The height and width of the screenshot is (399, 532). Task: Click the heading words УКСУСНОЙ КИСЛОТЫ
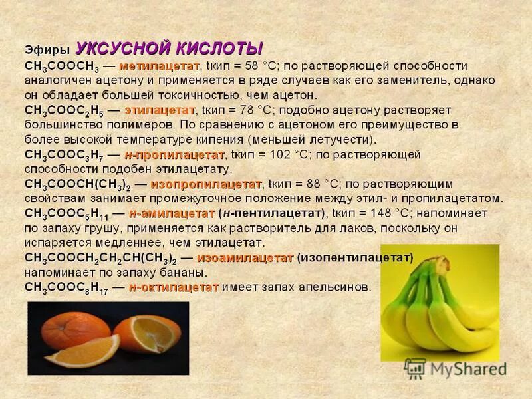(x=169, y=49)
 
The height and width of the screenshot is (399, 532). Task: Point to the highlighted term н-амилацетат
(x=172, y=213)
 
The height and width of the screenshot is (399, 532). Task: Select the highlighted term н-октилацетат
(x=174, y=287)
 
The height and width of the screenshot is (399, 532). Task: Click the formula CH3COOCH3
(x=62, y=67)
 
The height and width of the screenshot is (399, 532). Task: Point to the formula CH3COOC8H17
(x=67, y=288)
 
